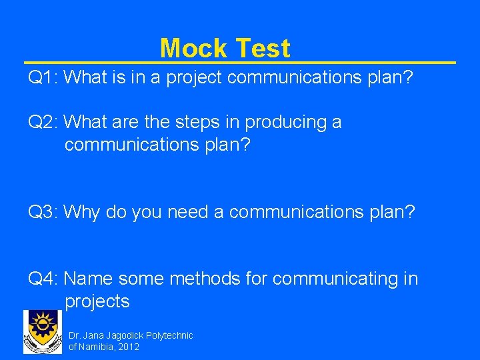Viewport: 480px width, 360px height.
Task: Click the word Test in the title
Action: (263, 48)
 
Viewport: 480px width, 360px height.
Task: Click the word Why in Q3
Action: (82, 212)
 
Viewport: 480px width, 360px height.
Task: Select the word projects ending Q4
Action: (97, 301)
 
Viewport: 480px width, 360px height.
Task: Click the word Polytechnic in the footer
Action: (169, 335)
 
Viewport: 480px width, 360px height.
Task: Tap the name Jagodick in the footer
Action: (123, 335)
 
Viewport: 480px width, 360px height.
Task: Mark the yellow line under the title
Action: (240, 63)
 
